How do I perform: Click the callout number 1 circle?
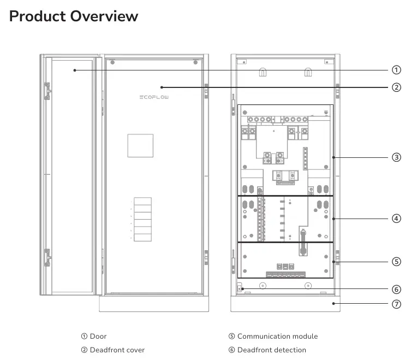[396, 70]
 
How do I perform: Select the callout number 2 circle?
[396, 87]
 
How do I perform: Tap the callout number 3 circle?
[396, 157]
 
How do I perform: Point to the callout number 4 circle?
[396, 219]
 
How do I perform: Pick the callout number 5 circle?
[396, 262]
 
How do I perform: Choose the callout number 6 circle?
[396, 290]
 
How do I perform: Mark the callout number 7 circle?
[396, 304]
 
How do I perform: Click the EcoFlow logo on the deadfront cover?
[154, 97]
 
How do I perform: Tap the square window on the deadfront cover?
[140, 146]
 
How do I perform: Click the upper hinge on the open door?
[47, 91]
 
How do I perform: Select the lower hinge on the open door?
[47, 257]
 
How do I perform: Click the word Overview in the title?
[104, 16]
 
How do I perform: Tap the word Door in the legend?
[98, 337]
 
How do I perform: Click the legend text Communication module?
[278, 337]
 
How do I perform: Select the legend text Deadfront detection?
[272, 350]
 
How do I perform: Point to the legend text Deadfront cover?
[117, 350]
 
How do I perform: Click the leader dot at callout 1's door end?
[75, 70]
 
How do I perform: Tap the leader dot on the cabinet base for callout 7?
[333, 304]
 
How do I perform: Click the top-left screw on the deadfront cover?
[112, 62]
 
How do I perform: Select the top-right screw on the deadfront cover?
[195, 62]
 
